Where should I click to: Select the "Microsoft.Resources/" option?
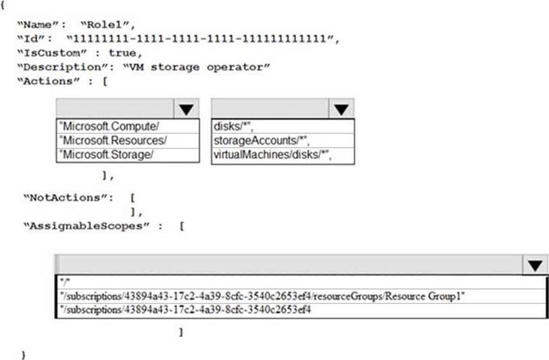pos(114,140)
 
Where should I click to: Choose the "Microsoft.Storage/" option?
pos(109,154)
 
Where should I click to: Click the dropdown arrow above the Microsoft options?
pos(186,108)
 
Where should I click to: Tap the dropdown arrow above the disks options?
pos(341,108)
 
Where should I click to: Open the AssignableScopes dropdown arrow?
pos(535,265)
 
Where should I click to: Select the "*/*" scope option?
pos(65,281)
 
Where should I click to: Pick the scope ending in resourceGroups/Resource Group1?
pos(264,296)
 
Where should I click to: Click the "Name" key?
pos(37,24)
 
